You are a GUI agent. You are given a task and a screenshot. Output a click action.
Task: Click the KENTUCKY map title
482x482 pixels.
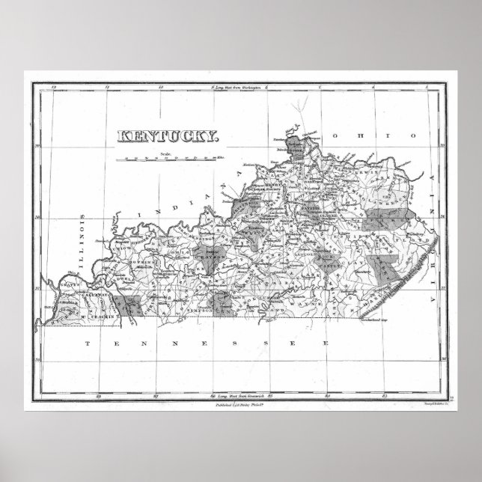click(x=167, y=137)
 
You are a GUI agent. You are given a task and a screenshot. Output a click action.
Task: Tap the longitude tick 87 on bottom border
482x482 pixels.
click(x=155, y=395)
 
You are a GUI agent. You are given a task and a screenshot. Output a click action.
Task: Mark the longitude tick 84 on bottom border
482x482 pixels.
click(x=327, y=395)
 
